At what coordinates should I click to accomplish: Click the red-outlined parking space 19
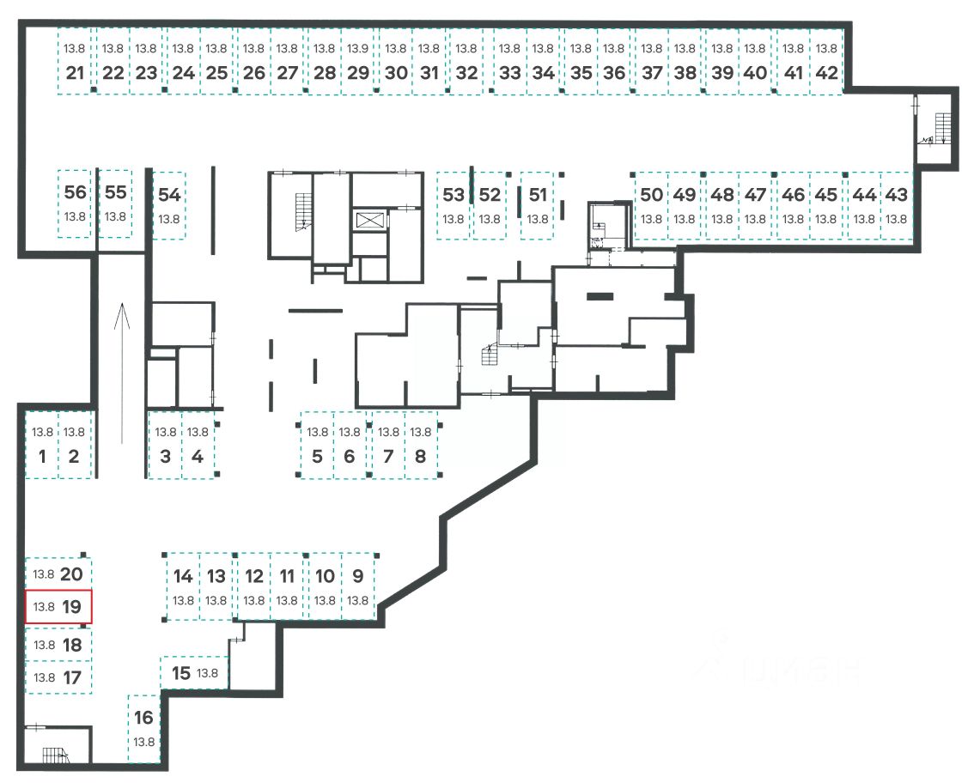[58, 606]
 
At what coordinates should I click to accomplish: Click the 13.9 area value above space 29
[359, 49]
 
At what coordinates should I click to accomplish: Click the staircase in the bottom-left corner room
[56, 756]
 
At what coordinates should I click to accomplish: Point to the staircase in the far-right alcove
[939, 129]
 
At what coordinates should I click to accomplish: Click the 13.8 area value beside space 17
[44, 677]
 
